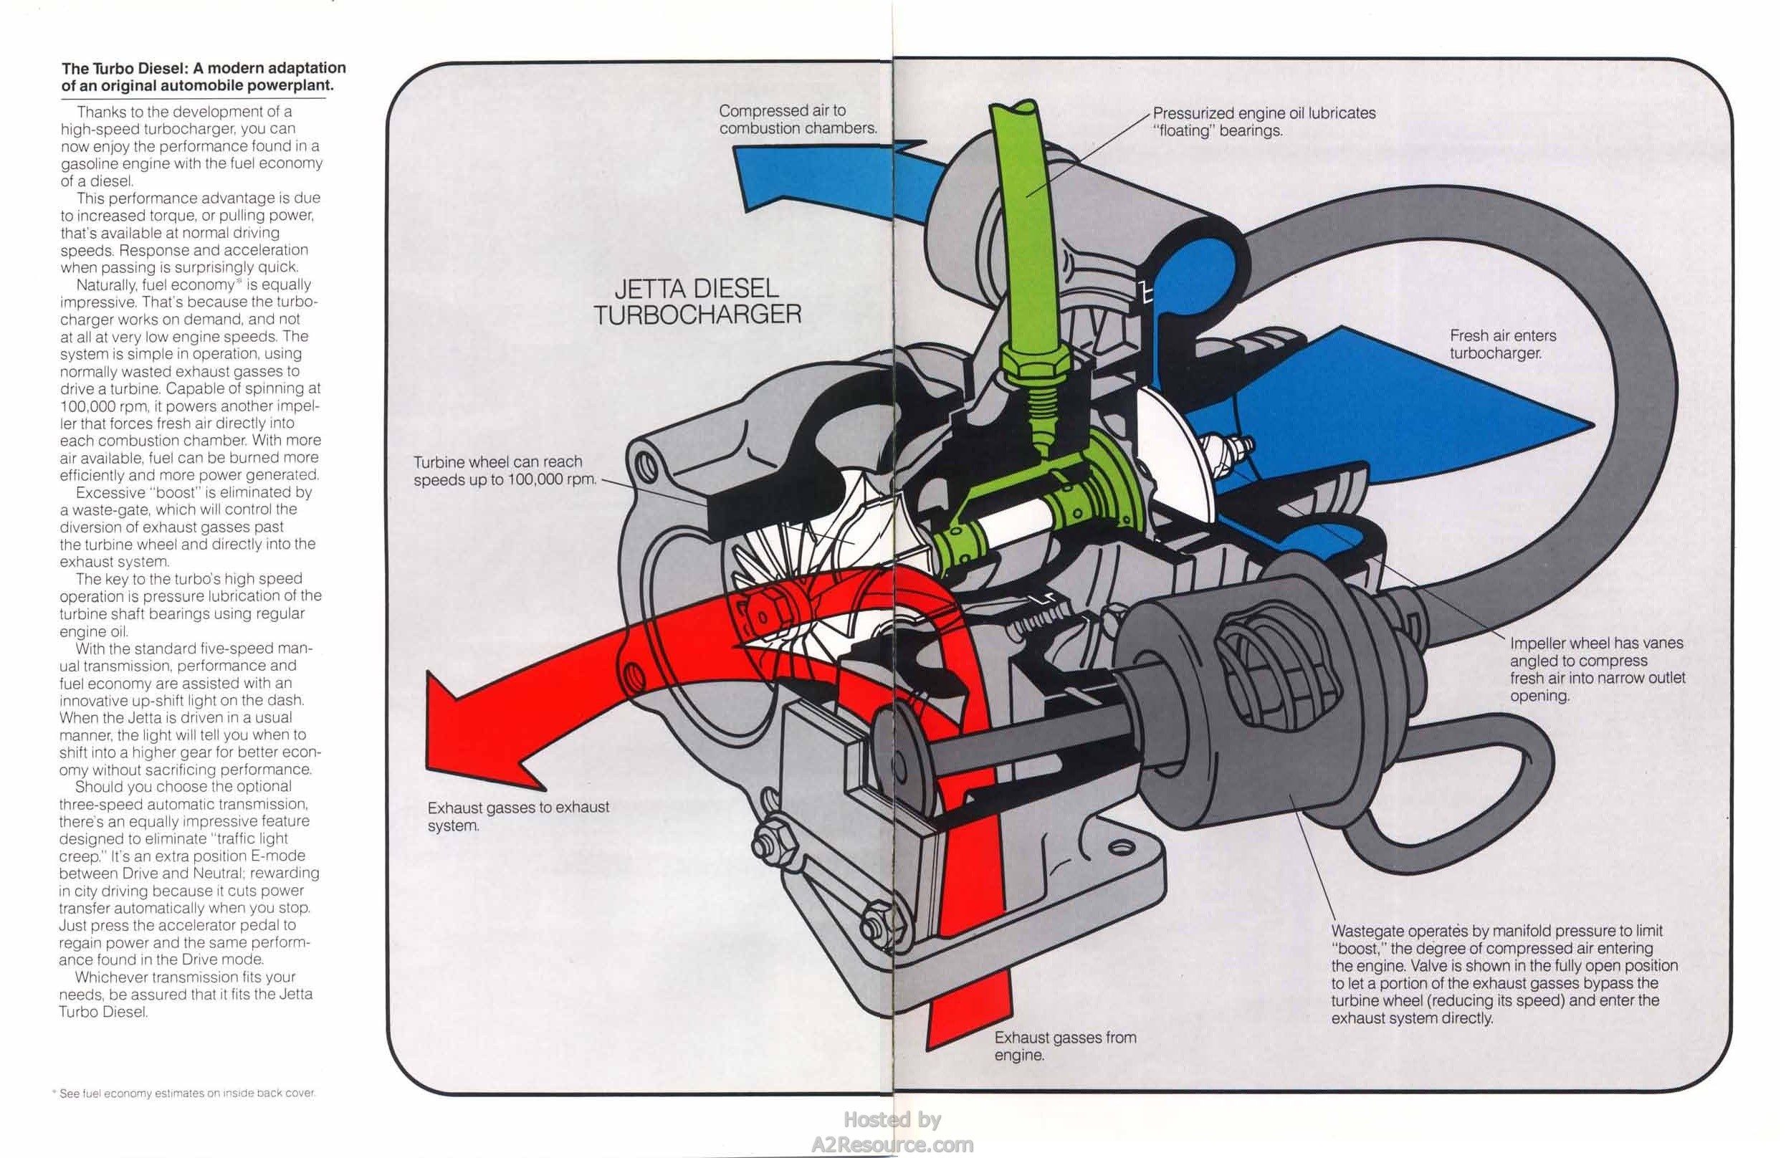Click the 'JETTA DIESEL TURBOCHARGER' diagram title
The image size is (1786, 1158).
(x=697, y=302)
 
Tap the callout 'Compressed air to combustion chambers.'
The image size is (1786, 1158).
(x=797, y=120)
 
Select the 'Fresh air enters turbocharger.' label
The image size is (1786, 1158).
(x=1502, y=345)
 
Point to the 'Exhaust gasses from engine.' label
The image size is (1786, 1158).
(x=1065, y=1046)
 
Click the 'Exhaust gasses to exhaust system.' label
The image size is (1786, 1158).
(x=517, y=815)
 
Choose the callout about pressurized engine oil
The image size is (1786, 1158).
(x=1264, y=122)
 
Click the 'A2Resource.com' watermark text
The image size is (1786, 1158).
(x=892, y=1144)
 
